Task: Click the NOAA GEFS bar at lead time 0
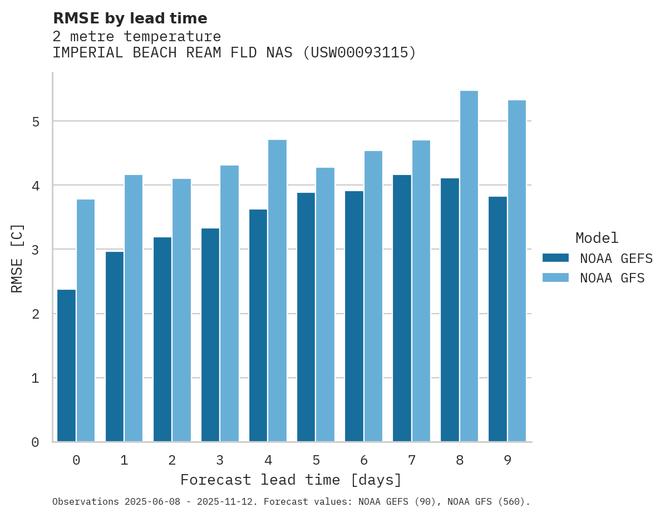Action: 66,365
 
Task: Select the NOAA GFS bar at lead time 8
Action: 469,266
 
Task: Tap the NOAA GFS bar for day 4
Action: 277,291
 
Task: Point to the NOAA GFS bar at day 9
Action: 517,271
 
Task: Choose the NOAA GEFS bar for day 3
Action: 210,335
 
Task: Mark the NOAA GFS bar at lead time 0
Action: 86,320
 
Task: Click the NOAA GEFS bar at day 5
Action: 306,317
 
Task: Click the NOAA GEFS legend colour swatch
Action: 555,258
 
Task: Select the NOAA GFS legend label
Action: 612,278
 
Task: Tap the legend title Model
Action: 597,238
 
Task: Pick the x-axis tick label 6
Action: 364,460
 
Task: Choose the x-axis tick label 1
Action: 124,460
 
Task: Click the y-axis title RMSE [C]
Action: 17,258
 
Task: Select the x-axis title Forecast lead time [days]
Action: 290,480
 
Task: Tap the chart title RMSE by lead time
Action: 130,18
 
